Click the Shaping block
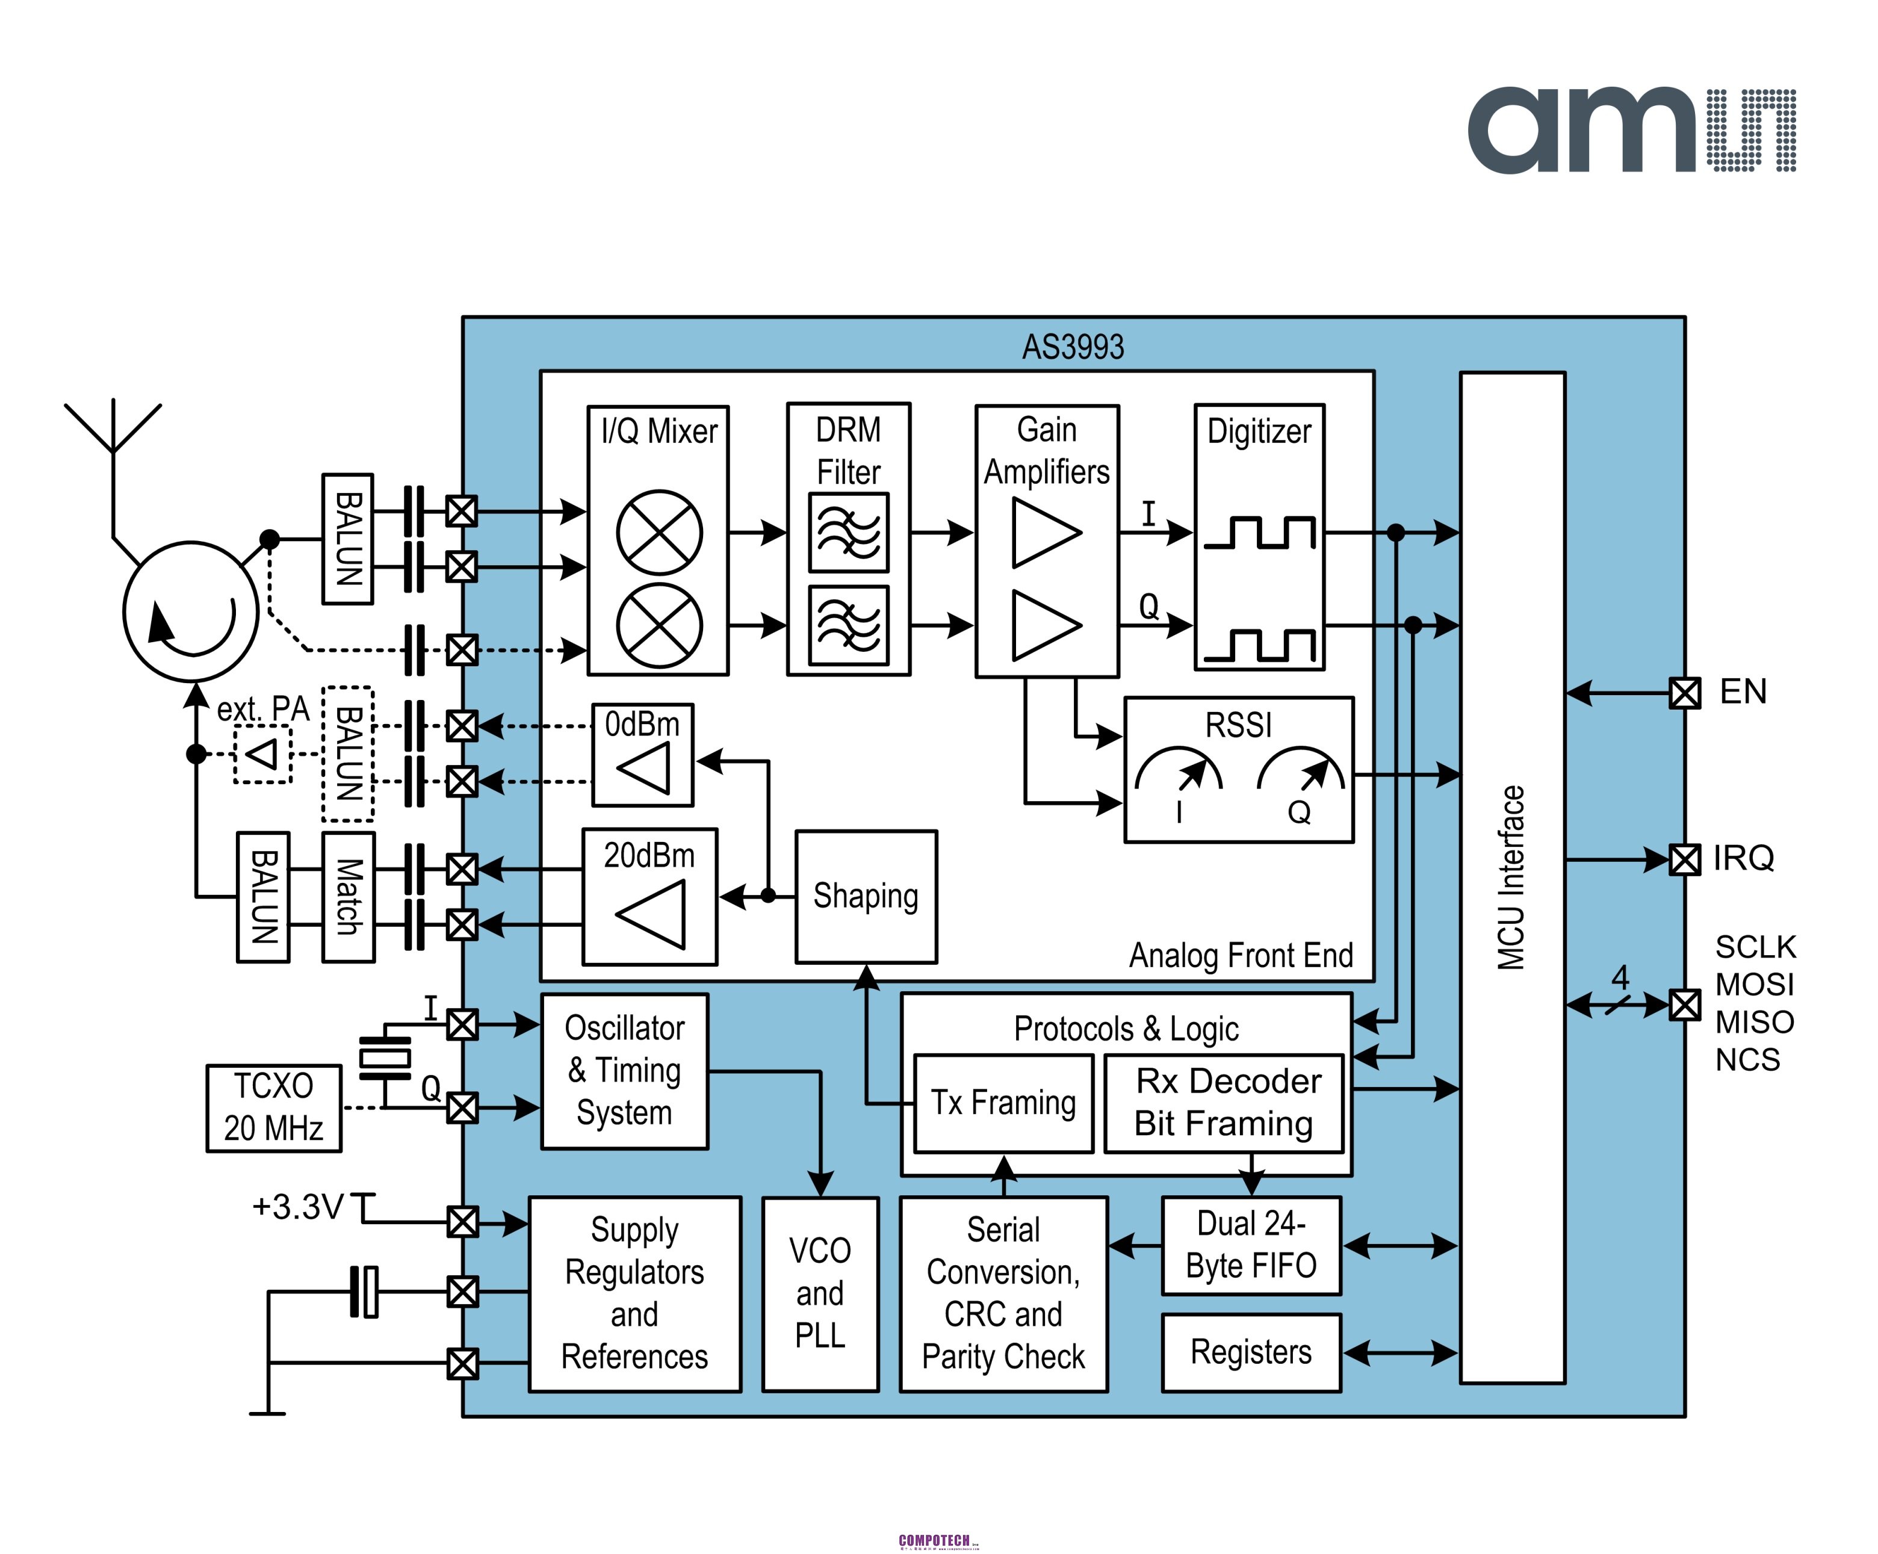point(866,897)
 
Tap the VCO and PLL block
point(820,1293)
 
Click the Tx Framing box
point(1003,1103)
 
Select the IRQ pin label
point(1742,858)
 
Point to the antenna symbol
point(113,429)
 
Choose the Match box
point(348,897)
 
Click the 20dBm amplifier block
point(649,897)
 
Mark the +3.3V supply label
point(298,1207)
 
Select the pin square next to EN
point(1685,693)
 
